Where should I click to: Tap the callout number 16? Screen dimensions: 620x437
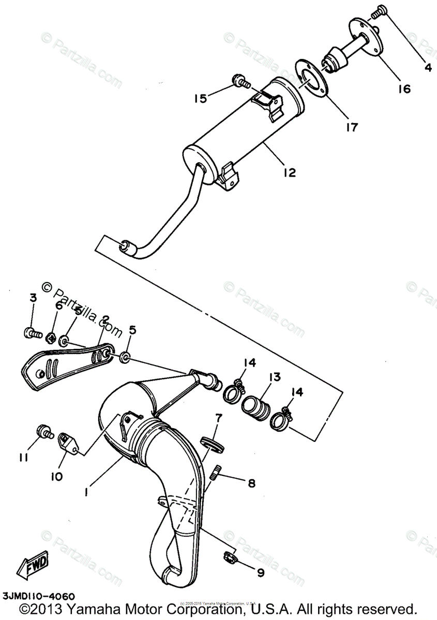pos(404,89)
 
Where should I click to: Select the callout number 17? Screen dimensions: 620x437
pos(352,127)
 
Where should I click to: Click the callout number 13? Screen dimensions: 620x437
pos(274,377)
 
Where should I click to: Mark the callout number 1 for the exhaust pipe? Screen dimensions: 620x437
pos(86,492)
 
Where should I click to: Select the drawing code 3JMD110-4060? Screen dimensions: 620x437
pos(38,596)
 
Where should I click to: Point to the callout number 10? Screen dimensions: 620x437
pos(56,476)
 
